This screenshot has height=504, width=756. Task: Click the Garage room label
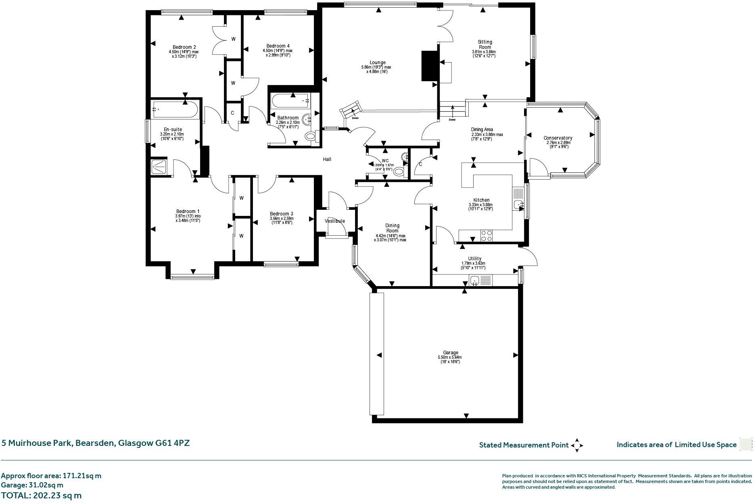450,353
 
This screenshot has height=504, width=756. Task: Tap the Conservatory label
558,138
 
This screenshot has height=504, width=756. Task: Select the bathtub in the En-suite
175,109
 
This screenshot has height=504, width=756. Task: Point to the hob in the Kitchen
486,235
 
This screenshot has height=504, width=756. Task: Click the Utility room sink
475,280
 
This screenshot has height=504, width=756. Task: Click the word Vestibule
335,221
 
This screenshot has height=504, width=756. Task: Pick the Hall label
327,159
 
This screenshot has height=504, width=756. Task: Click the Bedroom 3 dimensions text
282,220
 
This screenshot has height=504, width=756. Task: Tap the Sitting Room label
485,44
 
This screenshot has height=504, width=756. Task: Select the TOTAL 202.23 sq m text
41,496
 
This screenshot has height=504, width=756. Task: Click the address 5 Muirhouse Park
96,443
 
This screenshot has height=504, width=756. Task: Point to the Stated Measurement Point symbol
577,445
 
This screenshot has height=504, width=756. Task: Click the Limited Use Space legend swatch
746,444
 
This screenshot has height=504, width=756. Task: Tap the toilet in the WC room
398,171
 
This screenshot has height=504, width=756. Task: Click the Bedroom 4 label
278,46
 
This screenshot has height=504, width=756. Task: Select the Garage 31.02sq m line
32,485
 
